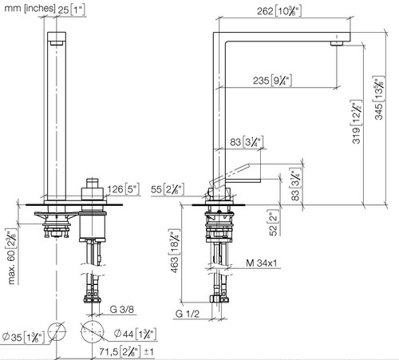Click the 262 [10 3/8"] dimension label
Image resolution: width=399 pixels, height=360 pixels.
279,11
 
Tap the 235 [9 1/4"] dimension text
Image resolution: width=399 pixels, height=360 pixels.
272,81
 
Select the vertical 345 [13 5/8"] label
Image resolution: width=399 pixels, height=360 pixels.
379,97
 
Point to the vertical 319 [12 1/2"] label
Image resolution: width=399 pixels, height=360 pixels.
357,122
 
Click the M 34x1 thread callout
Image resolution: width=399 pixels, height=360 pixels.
262,263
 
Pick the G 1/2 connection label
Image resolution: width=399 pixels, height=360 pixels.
188,314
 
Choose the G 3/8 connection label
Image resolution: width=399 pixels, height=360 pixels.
122,309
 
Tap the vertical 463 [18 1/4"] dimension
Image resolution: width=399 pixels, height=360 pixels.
175,251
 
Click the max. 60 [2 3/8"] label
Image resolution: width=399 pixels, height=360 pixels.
12,256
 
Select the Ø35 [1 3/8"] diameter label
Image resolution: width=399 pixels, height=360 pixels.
23,338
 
